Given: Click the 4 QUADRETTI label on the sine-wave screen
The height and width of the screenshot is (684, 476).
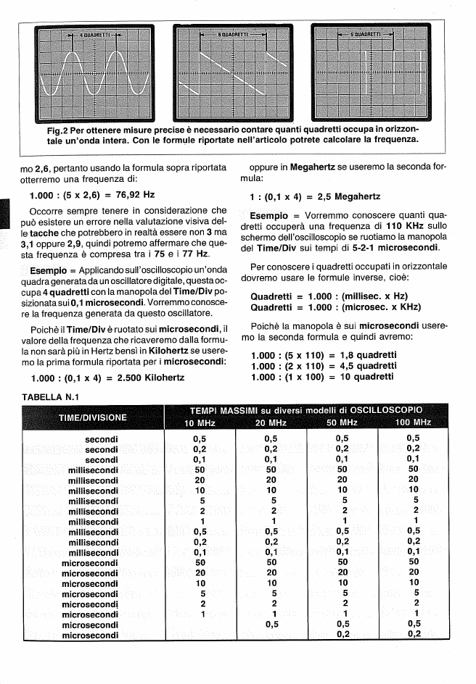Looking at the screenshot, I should pos(95,35).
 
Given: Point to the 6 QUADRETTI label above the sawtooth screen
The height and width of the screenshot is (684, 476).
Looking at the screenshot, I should pos(234,35).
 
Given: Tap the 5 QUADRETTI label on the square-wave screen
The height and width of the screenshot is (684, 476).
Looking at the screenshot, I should pos(364,34).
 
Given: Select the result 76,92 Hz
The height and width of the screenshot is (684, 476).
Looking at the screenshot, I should pos(136,196).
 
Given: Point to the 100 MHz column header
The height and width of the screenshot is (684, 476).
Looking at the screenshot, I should pos(414,423).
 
